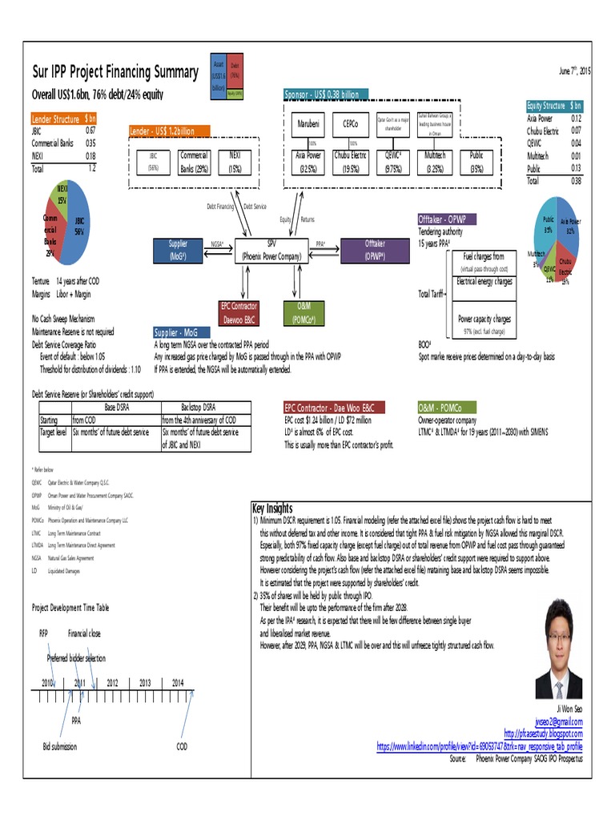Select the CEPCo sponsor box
pyautogui.click(x=350, y=125)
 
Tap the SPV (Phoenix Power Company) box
pyautogui.click(x=271, y=251)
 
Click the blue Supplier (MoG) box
pyautogui.click(x=178, y=251)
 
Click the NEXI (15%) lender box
pyautogui.click(x=235, y=162)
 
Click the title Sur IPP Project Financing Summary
pyautogui.click(x=115, y=72)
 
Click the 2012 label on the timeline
pyautogui.click(x=112, y=683)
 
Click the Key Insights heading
pyautogui.click(x=272, y=508)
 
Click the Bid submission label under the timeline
pyautogui.click(x=60, y=746)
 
